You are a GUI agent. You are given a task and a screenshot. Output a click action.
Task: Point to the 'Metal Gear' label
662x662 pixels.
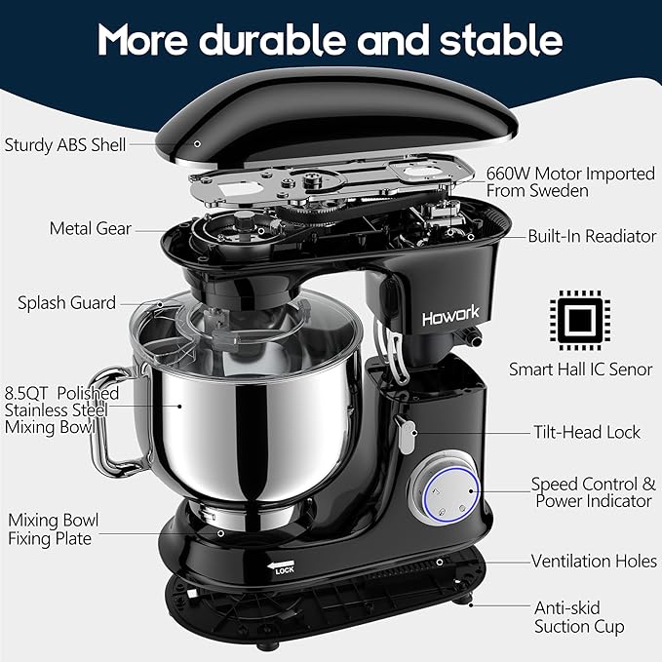91,228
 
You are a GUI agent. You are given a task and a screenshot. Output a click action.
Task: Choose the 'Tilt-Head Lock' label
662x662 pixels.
587,431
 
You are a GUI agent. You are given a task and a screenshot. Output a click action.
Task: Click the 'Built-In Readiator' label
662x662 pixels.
592,236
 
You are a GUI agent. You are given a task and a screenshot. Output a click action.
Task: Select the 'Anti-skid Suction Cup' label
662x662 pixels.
579,616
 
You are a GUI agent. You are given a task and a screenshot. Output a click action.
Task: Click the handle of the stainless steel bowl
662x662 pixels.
107,419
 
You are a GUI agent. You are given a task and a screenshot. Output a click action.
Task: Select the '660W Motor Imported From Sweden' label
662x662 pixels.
570,181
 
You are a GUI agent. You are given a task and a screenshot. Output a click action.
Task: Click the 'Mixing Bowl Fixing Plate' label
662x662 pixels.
54,529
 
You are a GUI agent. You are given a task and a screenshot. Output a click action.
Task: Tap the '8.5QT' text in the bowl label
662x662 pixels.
30,392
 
